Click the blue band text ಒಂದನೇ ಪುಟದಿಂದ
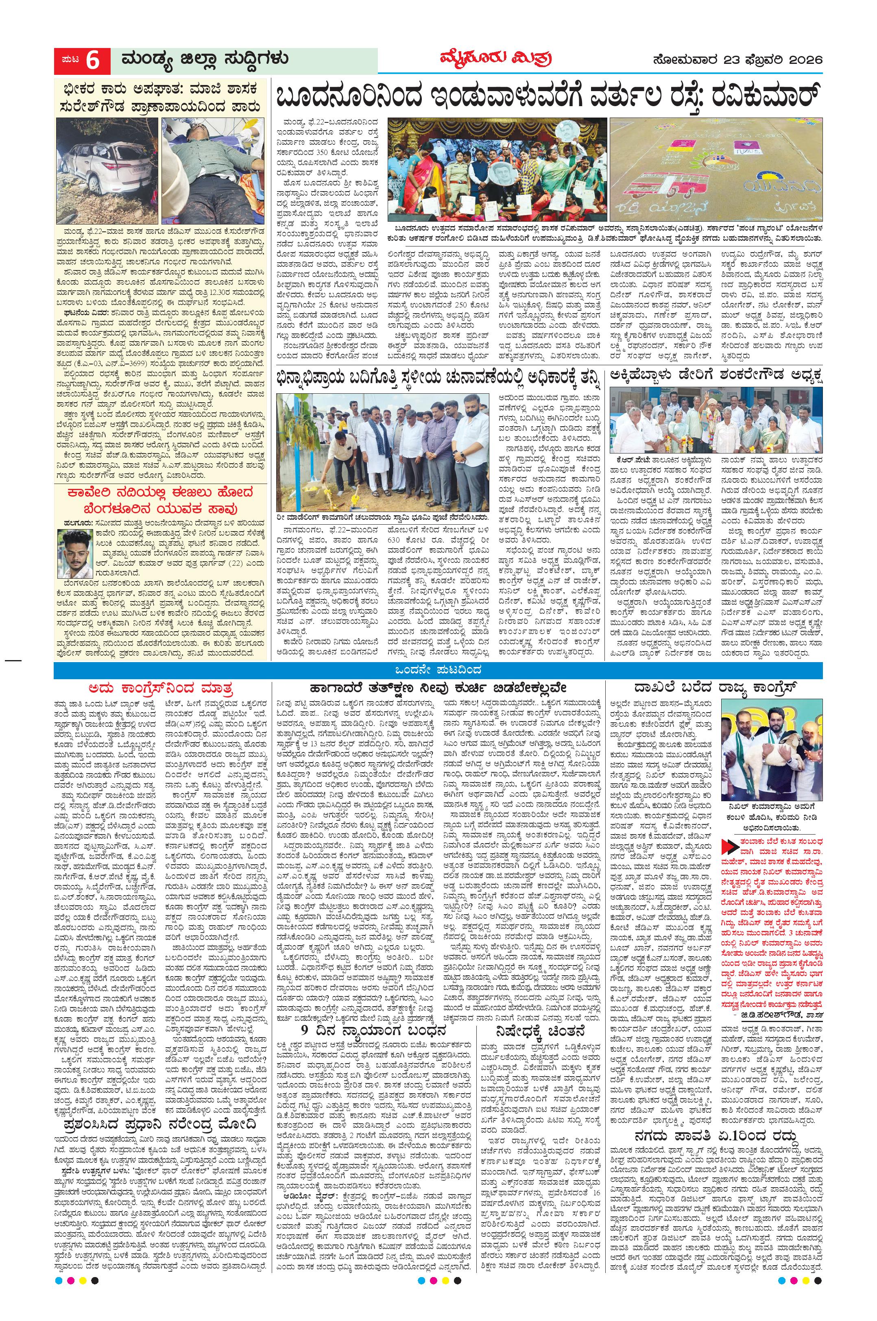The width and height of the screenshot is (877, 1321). pyautogui.click(x=438, y=671)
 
